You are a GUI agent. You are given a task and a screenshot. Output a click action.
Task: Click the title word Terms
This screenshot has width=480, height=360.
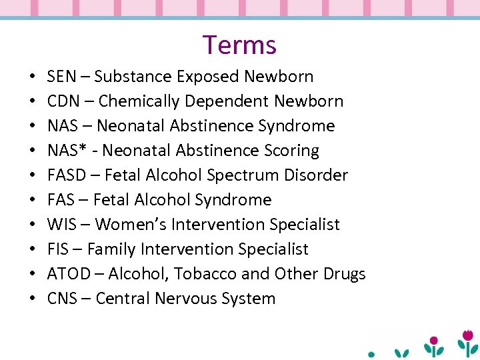point(239,45)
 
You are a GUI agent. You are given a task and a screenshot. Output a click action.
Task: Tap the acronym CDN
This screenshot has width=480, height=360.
point(63,101)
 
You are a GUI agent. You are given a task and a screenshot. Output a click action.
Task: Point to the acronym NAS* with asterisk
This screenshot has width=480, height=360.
point(65,151)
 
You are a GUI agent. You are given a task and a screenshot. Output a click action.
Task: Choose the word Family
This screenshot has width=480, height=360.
point(111,249)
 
